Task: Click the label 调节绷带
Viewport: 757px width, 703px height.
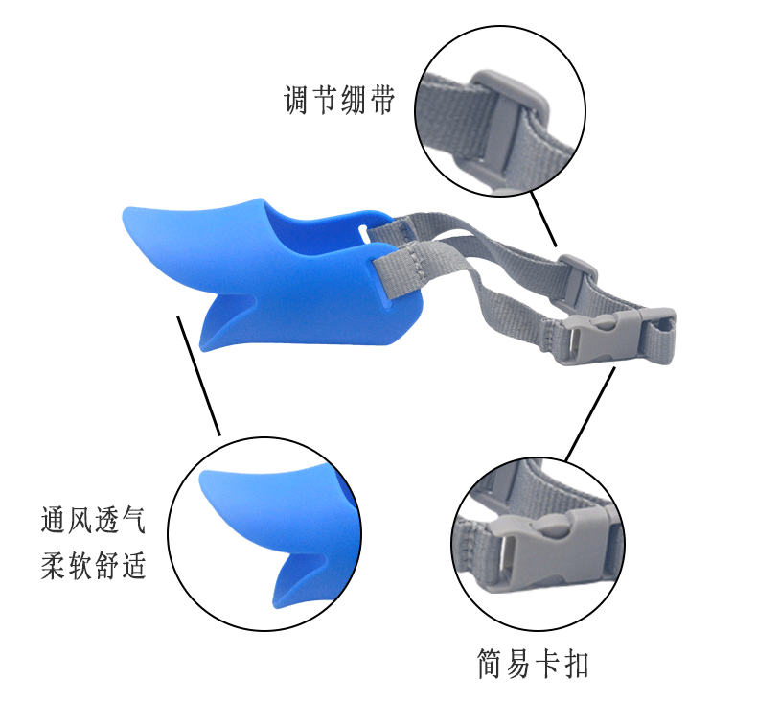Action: click(339, 101)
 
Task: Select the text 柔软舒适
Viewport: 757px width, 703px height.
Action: click(93, 565)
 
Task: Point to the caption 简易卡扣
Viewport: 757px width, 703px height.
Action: click(533, 662)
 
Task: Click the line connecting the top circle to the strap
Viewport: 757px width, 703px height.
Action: click(543, 219)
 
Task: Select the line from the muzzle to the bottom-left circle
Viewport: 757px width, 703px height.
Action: click(199, 374)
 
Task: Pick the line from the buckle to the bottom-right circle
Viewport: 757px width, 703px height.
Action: click(587, 414)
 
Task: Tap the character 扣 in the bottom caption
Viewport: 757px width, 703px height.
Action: click(575, 662)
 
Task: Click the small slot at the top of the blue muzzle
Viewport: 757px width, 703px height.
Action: click(366, 231)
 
